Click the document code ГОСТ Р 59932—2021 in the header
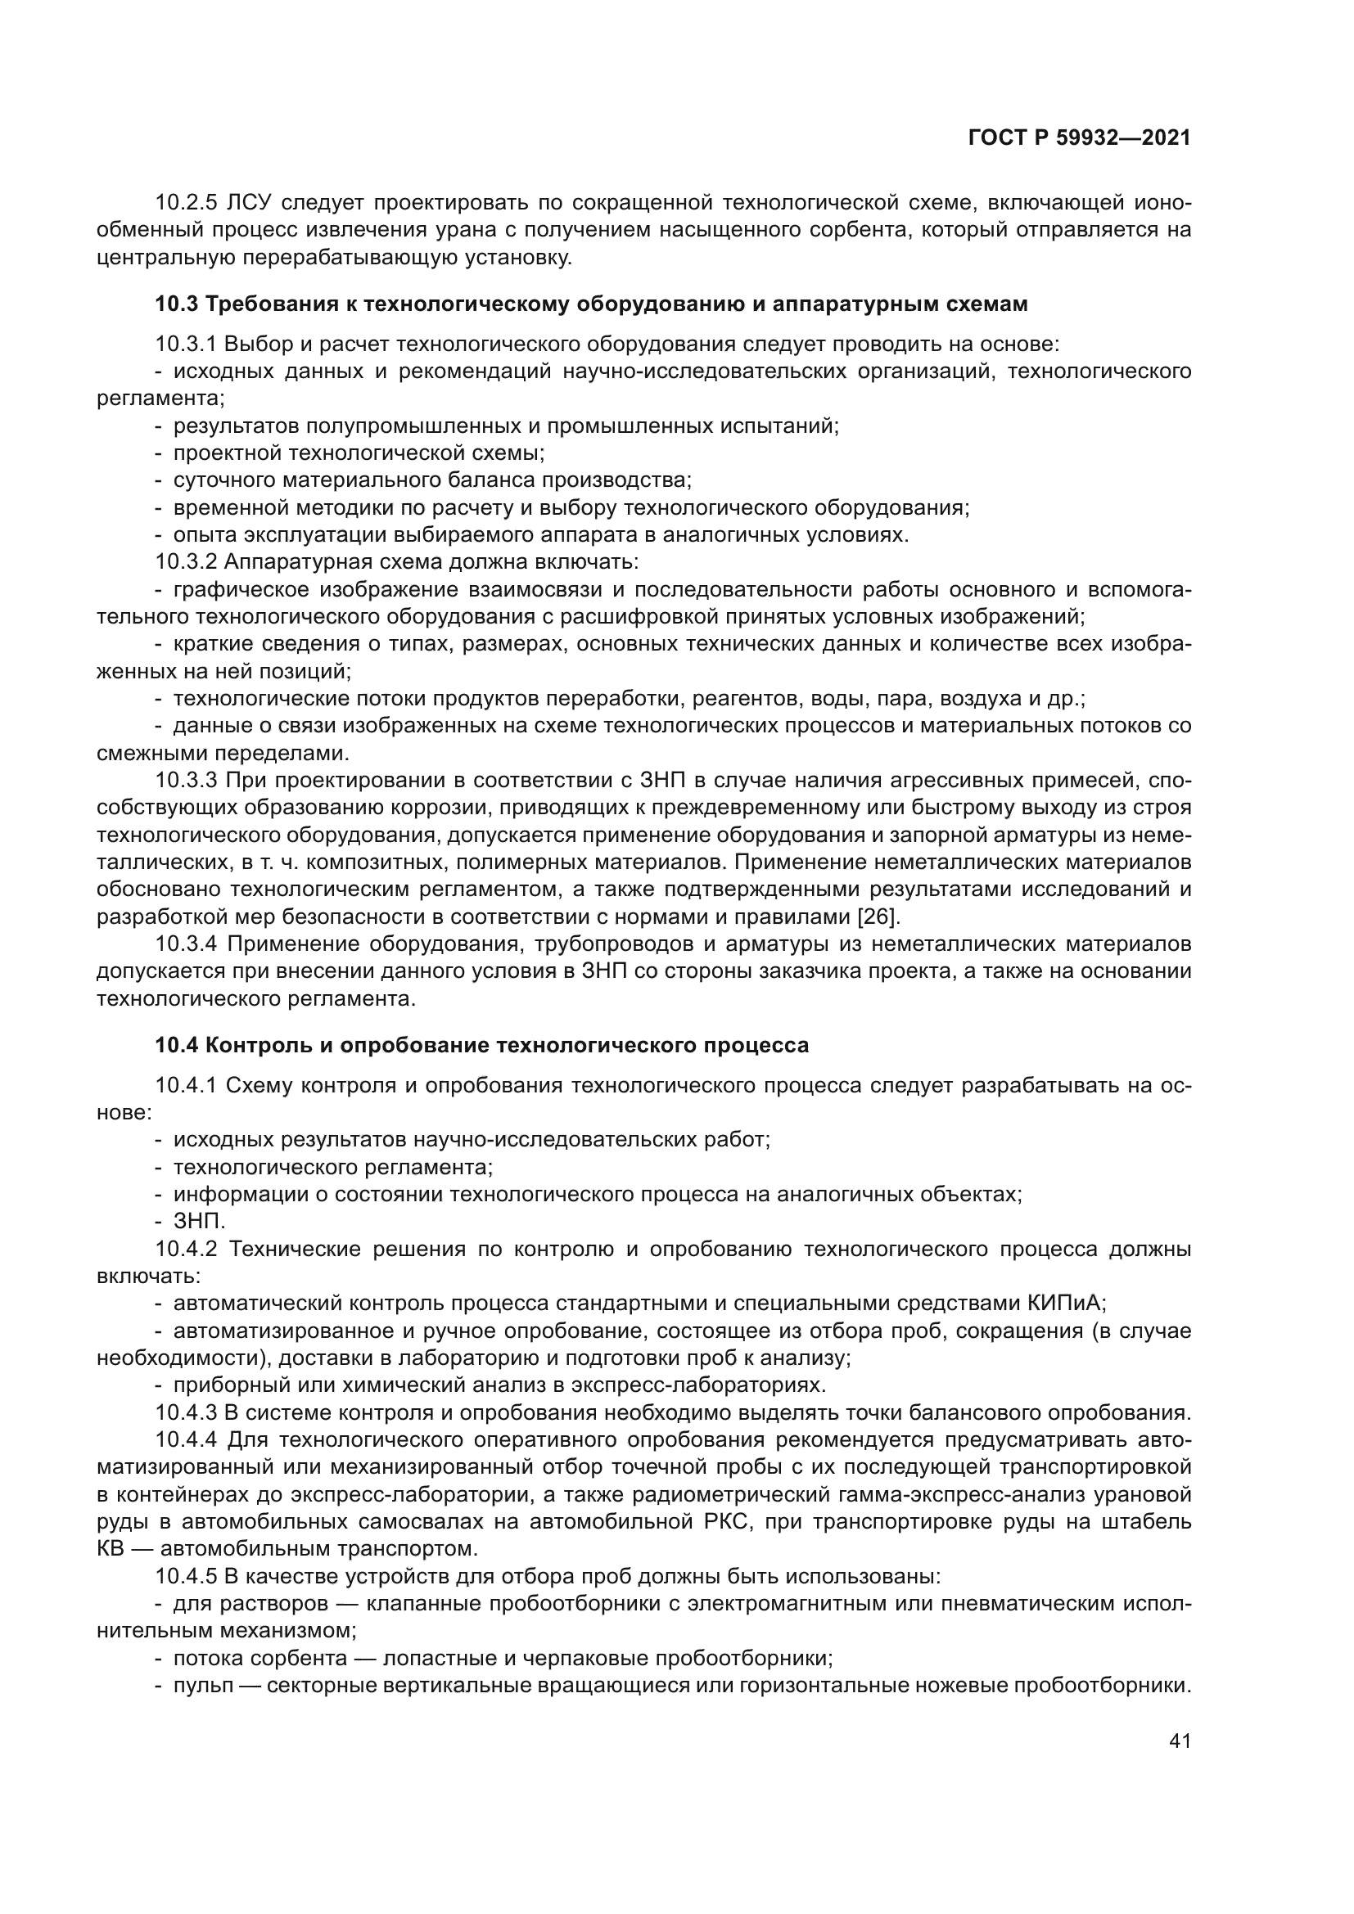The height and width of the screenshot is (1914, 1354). click(1079, 138)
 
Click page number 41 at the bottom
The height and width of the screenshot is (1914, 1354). click(1180, 1741)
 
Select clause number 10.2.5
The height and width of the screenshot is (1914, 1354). click(186, 203)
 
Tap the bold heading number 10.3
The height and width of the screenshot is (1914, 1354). click(176, 304)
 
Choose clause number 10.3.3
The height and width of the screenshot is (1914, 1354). click(186, 781)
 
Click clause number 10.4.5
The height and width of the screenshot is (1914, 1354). click(186, 1577)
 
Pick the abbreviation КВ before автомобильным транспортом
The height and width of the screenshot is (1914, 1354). click(111, 1550)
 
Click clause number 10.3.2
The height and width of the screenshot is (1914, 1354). click(186, 561)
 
